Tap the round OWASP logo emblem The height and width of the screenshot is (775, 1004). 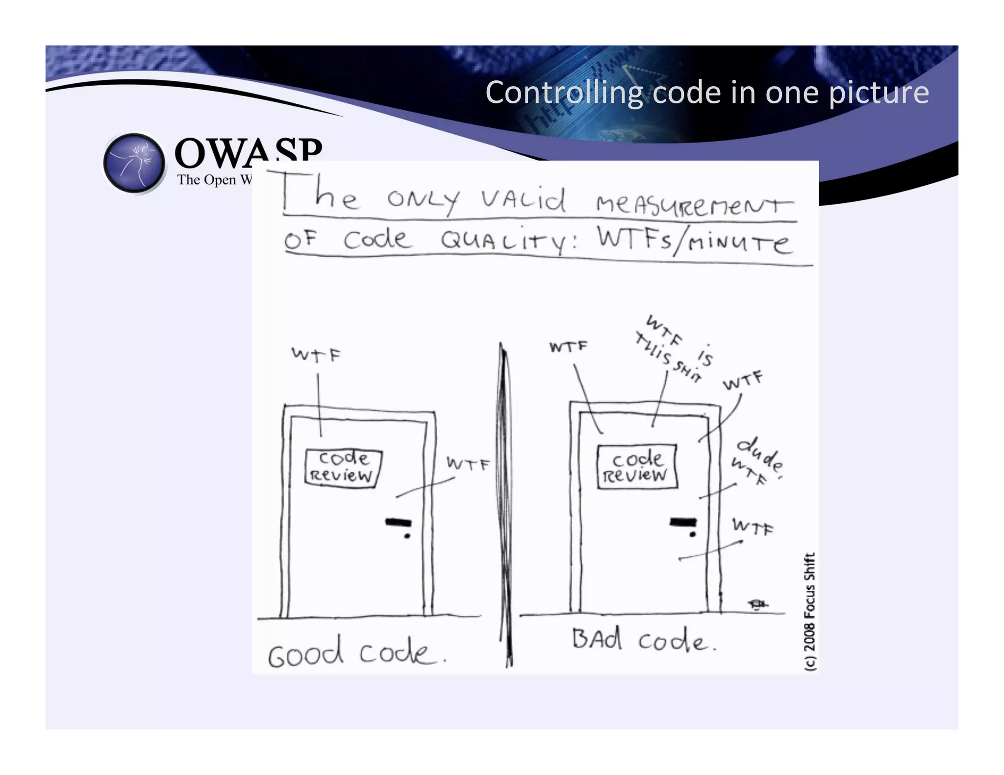(x=134, y=163)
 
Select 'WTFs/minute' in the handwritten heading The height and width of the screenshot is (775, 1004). (x=693, y=241)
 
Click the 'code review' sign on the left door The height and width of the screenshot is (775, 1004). (x=343, y=467)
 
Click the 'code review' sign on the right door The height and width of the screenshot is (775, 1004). (x=637, y=466)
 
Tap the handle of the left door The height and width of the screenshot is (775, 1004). (x=398, y=522)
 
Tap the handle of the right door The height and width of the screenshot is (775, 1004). (x=683, y=522)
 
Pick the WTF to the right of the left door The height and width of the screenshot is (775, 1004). (x=467, y=463)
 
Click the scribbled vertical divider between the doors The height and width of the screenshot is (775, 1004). (x=505, y=505)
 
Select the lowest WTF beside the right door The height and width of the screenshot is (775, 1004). (x=752, y=527)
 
